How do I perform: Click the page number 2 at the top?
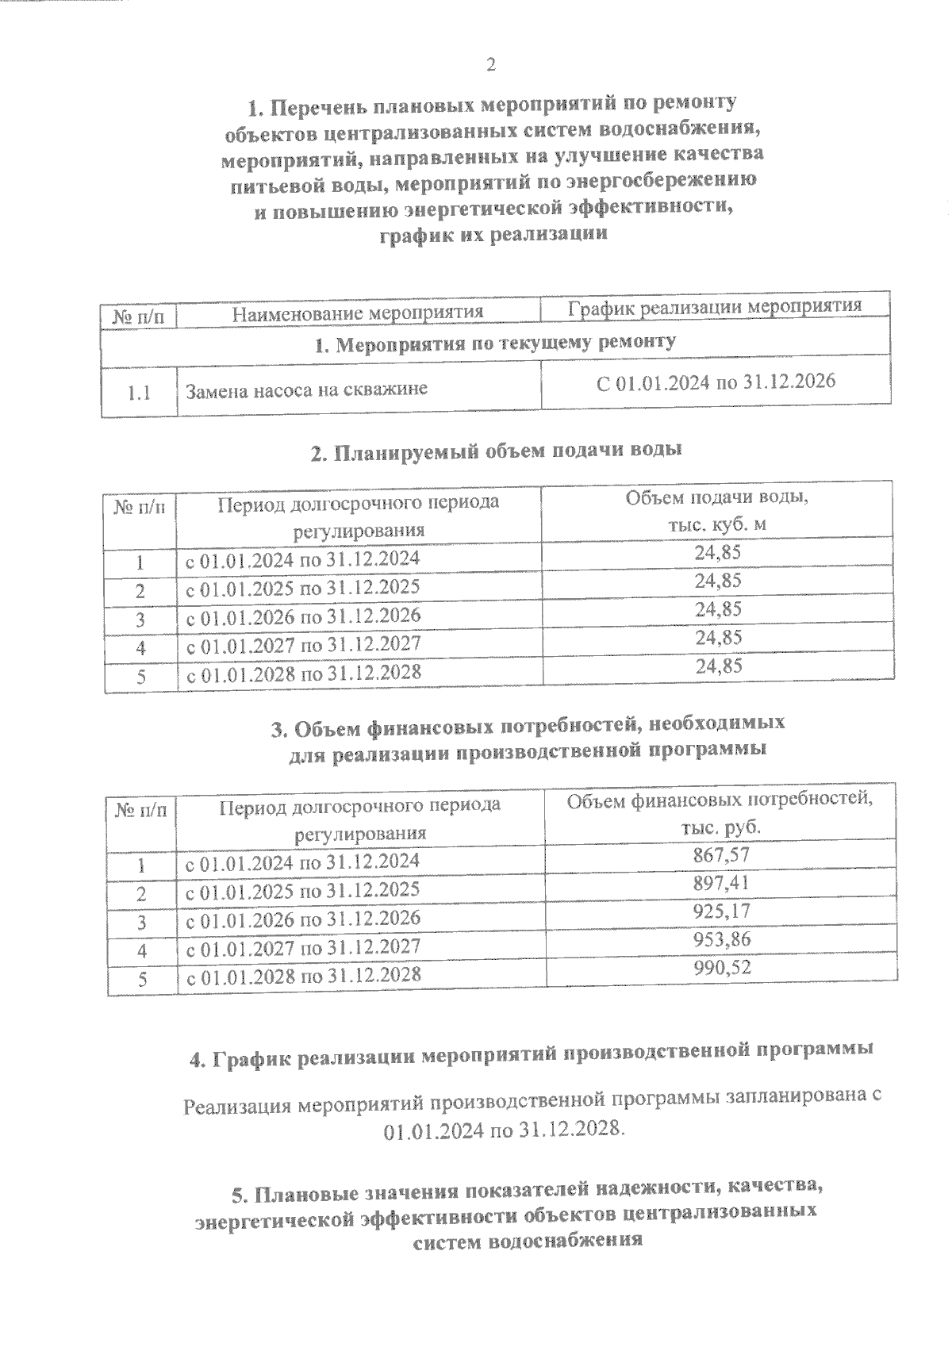[490, 65]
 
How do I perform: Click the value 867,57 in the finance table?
[720, 854]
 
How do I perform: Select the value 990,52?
[720, 968]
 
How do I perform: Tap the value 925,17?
[720, 911]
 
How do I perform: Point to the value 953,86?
[720, 939]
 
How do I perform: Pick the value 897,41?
[720, 883]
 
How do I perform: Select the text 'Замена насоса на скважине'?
[306, 390]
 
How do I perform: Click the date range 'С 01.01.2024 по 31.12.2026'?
[716, 382]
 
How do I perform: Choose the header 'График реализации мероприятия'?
[715, 307]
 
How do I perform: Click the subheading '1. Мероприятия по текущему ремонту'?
[495, 343]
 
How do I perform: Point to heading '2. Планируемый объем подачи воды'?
[496, 451]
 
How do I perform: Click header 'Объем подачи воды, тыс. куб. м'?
[718, 512]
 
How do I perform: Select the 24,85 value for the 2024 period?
[718, 552]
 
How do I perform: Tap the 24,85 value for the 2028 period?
[718, 666]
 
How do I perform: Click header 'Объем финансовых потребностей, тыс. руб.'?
[720, 812]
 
